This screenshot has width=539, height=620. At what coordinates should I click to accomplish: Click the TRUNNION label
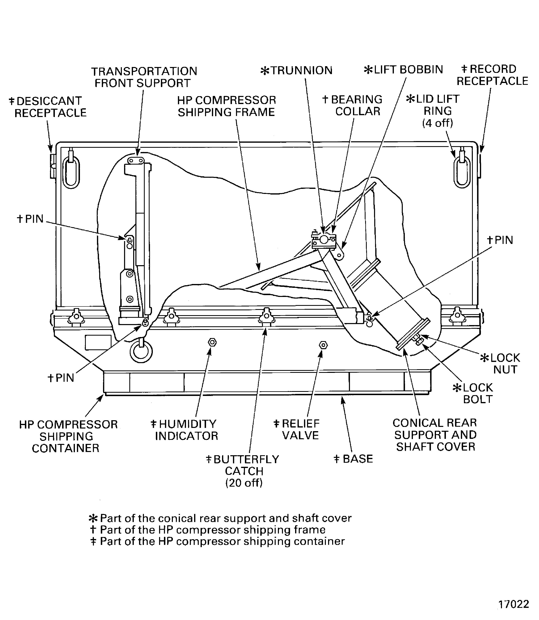click(297, 70)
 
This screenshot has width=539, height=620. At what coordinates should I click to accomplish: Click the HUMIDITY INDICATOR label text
click(184, 430)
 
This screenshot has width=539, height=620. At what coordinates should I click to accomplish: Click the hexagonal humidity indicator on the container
click(212, 342)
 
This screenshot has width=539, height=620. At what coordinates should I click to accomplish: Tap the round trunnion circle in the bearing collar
click(324, 240)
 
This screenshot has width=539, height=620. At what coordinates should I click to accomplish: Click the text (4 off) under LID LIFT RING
click(438, 123)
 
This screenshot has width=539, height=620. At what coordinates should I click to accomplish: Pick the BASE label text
click(353, 459)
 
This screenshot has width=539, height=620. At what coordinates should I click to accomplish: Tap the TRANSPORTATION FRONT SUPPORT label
click(144, 77)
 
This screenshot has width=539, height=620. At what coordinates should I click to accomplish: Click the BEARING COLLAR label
click(352, 105)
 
